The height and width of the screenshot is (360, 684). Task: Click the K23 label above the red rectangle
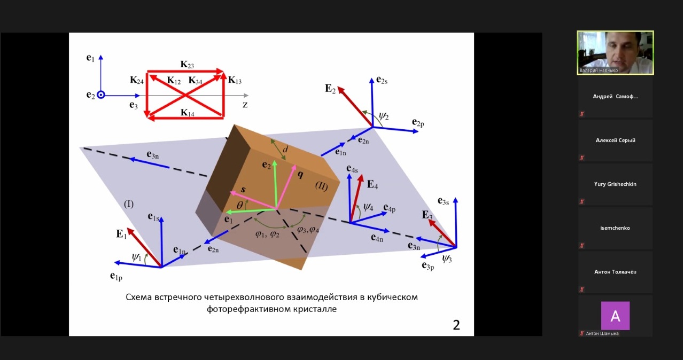tap(187, 65)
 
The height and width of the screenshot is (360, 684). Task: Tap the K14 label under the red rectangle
tap(187, 113)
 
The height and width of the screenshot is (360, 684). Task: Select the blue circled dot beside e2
tap(101, 95)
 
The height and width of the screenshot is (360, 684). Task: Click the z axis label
tap(245, 105)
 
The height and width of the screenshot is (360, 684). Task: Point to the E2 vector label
tap(330, 89)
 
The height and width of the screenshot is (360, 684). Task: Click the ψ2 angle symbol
tap(384, 115)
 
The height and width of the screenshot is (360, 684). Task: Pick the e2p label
tap(418, 122)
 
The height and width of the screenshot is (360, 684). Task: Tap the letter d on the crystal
tap(285, 149)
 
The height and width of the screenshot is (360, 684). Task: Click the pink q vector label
tap(300, 174)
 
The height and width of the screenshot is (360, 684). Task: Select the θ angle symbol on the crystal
tap(240, 205)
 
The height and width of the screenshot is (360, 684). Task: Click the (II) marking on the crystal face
tap(321, 186)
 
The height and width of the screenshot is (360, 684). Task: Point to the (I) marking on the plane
tap(129, 204)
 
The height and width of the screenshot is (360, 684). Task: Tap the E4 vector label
tap(372, 184)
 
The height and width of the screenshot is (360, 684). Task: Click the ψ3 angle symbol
tap(447, 259)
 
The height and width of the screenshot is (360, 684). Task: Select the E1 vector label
tap(121, 234)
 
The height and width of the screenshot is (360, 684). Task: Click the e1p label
tap(116, 276)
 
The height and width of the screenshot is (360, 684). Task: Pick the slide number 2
tap(456, 325)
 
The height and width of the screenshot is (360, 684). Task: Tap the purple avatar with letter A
tap(615, 316)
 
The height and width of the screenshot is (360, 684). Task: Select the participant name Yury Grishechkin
tap(615, 184)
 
